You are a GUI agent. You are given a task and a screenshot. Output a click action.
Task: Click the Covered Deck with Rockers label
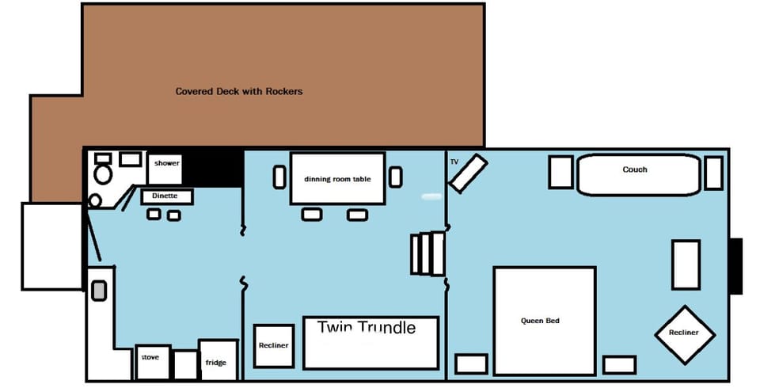point(238,91)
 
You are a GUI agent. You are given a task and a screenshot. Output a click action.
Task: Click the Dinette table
point(166,196)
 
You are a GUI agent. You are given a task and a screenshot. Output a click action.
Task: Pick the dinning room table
point(337,179)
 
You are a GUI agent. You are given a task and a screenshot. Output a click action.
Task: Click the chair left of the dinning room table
point(279,177)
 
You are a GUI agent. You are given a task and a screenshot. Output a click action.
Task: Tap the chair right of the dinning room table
point(395,177)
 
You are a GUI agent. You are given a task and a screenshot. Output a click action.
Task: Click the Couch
point(638,174)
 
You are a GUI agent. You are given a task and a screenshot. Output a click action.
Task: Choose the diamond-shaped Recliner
point(684,333)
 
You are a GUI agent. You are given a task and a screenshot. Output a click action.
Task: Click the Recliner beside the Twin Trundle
point(274,346)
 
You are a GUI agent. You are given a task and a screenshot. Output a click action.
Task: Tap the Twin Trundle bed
point(370,343)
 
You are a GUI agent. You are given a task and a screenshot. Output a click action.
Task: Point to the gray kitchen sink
point(99,291)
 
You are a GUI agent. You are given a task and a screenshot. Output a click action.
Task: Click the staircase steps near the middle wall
point(428,253)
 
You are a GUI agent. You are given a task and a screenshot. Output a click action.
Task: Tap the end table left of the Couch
point(560,173)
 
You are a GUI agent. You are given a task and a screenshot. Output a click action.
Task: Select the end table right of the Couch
point(713,173)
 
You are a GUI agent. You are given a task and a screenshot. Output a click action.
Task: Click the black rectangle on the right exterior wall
point(735,266)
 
